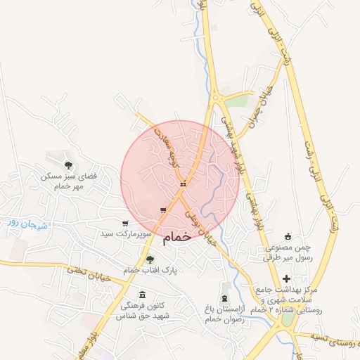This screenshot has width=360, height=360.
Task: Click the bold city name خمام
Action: pos(177,238)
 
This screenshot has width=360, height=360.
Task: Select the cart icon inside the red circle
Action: pos(163,210)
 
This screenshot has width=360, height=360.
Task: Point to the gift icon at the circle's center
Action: pos(183,184)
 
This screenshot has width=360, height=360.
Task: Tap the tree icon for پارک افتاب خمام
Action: pos(149,259)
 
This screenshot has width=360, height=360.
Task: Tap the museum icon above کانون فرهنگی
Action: pos(143,294)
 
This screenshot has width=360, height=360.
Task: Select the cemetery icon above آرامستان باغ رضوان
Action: pos(224,288)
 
